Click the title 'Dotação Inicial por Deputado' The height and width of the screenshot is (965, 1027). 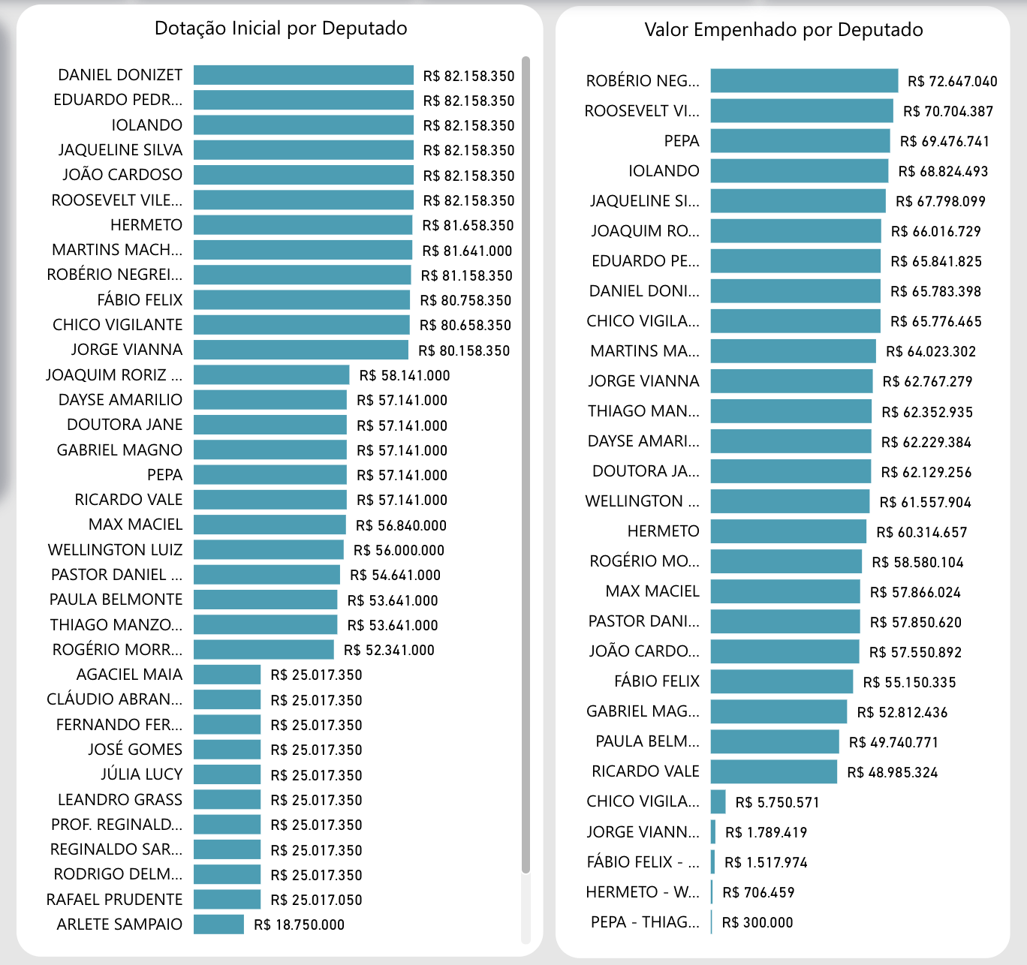(281, 29)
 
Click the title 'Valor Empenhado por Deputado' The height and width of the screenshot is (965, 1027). (784, 30)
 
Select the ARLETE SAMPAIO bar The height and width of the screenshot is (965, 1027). (218, 924)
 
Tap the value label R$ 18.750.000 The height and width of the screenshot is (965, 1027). (299, 924)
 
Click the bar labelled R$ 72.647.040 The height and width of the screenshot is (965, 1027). (804, 81)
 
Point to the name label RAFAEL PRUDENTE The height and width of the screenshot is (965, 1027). (114, 899)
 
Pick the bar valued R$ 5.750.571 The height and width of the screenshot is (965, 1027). (718, 801)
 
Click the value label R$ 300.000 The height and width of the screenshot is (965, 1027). (757, 922)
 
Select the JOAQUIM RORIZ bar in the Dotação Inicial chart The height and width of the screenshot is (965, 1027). (272, 375)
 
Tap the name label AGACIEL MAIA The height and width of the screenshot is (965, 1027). (129, 675)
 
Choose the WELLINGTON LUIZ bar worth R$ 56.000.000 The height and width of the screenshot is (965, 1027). (268, 550)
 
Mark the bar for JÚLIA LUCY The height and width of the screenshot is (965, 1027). (227, 774)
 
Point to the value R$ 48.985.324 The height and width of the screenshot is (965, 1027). (892, 772)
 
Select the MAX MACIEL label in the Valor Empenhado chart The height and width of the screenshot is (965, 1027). (652, 591)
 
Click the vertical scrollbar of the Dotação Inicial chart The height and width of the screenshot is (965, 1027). (526, 464)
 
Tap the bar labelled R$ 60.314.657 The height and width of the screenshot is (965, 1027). (788, 531)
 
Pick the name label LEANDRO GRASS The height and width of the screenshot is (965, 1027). (120, 799)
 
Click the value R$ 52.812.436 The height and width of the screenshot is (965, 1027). (902, 712)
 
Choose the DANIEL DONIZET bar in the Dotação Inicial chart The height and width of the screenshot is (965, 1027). (303, 75)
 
